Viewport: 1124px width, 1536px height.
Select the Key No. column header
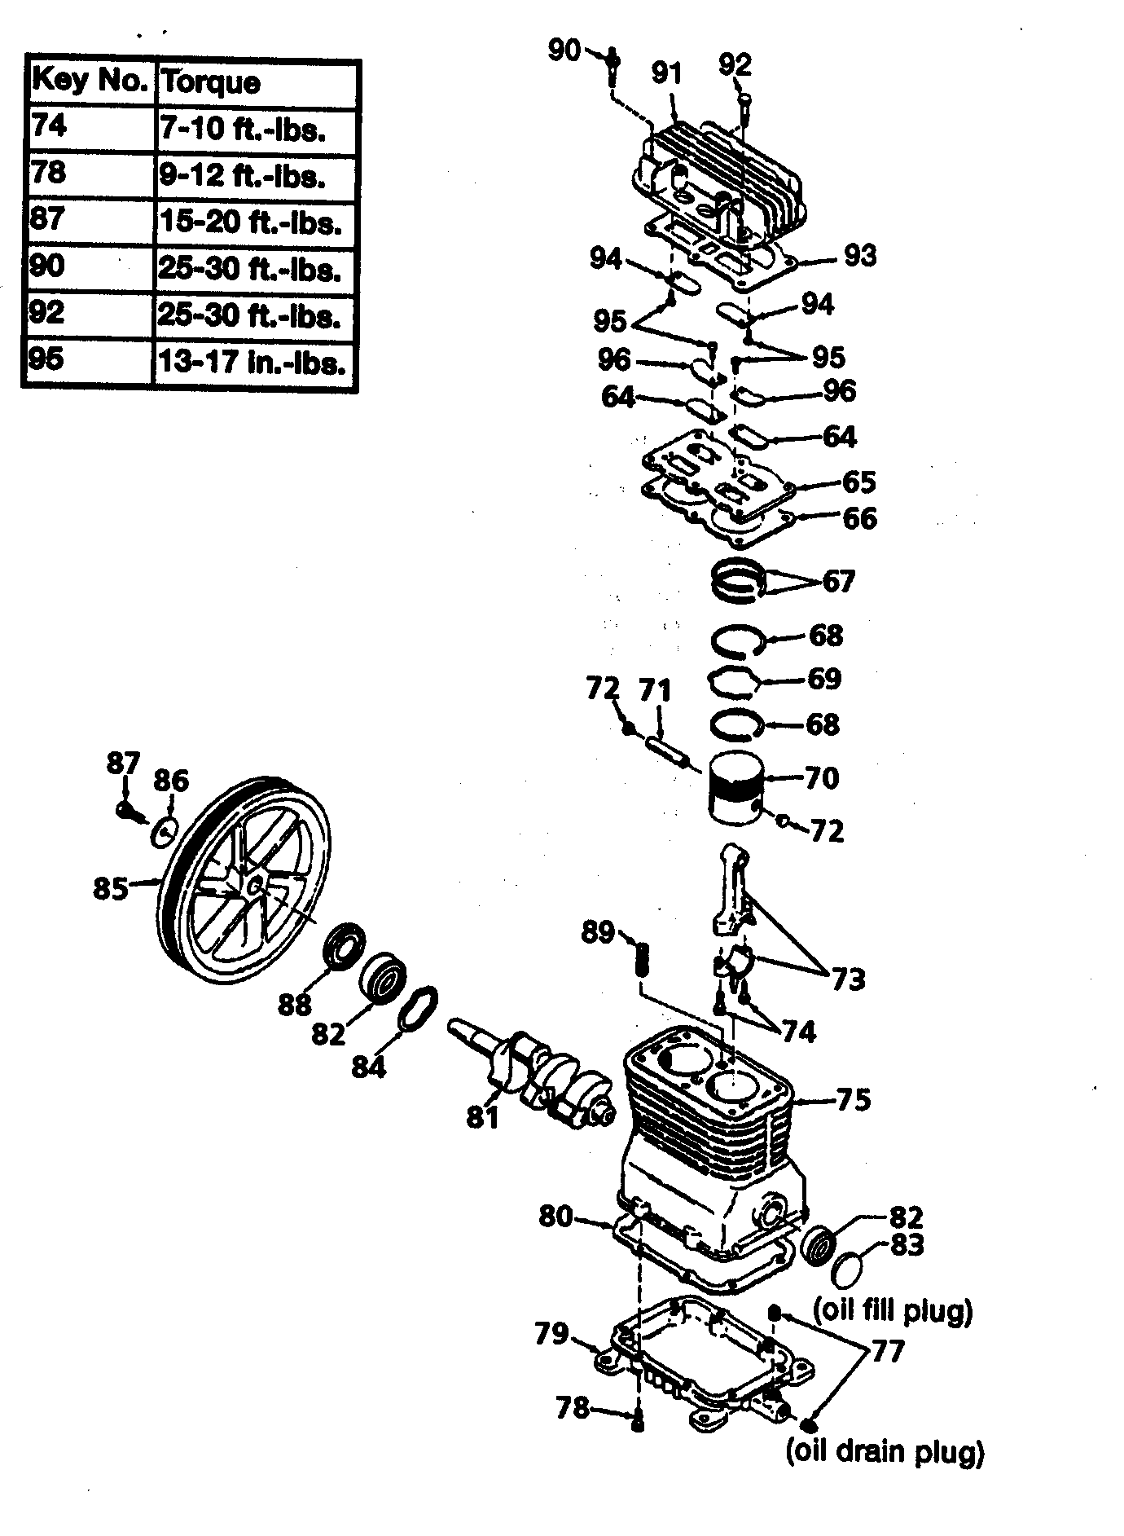(90, 81)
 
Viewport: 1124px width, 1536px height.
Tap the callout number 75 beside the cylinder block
(853, 1099)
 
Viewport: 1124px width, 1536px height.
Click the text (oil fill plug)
(893, 1311)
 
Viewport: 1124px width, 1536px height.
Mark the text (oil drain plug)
(885, 1451)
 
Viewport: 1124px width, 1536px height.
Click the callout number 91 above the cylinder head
(666, 73)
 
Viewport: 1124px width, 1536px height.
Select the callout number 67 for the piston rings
(838, 581)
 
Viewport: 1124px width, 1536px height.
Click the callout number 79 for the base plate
(551, 1334)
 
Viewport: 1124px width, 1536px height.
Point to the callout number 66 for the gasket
(859, 518)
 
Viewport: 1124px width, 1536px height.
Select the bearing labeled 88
(345, 947)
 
